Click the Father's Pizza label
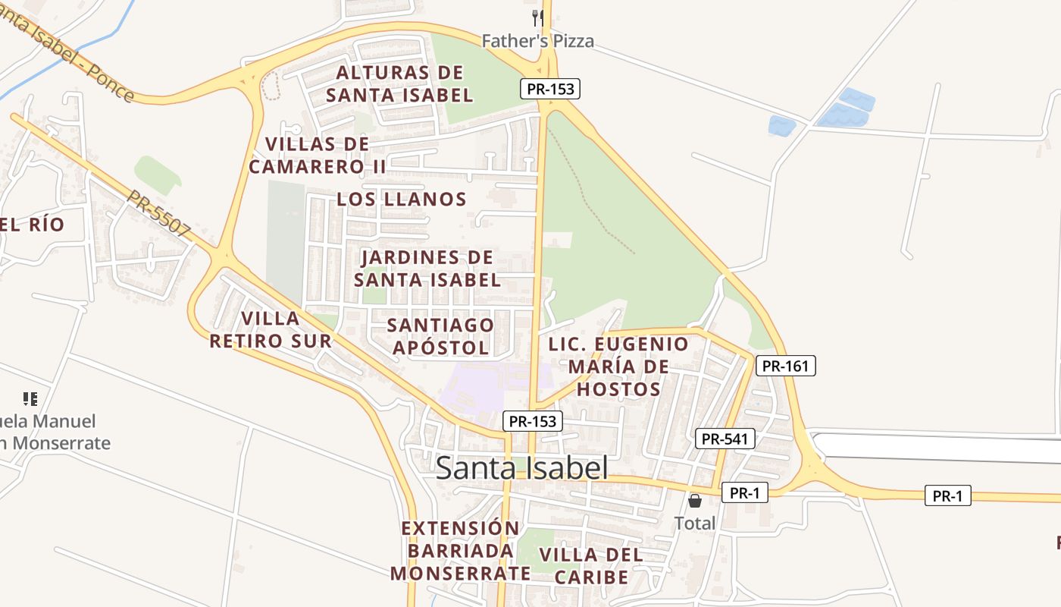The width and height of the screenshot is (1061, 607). click(x=537, y=41)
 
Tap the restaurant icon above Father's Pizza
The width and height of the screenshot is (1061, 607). click(x=537, y=17)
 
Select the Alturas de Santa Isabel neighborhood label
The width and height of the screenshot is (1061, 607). click(x=399, y=84)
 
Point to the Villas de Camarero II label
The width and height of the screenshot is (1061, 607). click(x=318, y=156)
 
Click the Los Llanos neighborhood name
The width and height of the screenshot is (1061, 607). click(x=402, y=200)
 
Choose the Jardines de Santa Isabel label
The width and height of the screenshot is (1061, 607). click(x=427, y=269)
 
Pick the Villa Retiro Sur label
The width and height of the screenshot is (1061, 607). click(x=271, y=329)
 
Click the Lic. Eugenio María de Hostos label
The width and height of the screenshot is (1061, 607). click(x=618, y=366)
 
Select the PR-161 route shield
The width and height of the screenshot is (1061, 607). click(x=786, y=366)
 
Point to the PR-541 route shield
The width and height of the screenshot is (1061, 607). click(x=725, y=439)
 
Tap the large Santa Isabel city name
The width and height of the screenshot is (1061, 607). click(x=521, y=468)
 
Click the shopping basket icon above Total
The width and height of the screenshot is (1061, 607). click(x=694, y=501)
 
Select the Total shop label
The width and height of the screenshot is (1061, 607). click(x=694, y=523)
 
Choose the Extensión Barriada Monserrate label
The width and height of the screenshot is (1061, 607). click(x=461, y=550)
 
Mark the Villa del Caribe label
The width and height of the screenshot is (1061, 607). click(x=591, y=566)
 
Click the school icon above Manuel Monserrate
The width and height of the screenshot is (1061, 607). click(x=30, y=398)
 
